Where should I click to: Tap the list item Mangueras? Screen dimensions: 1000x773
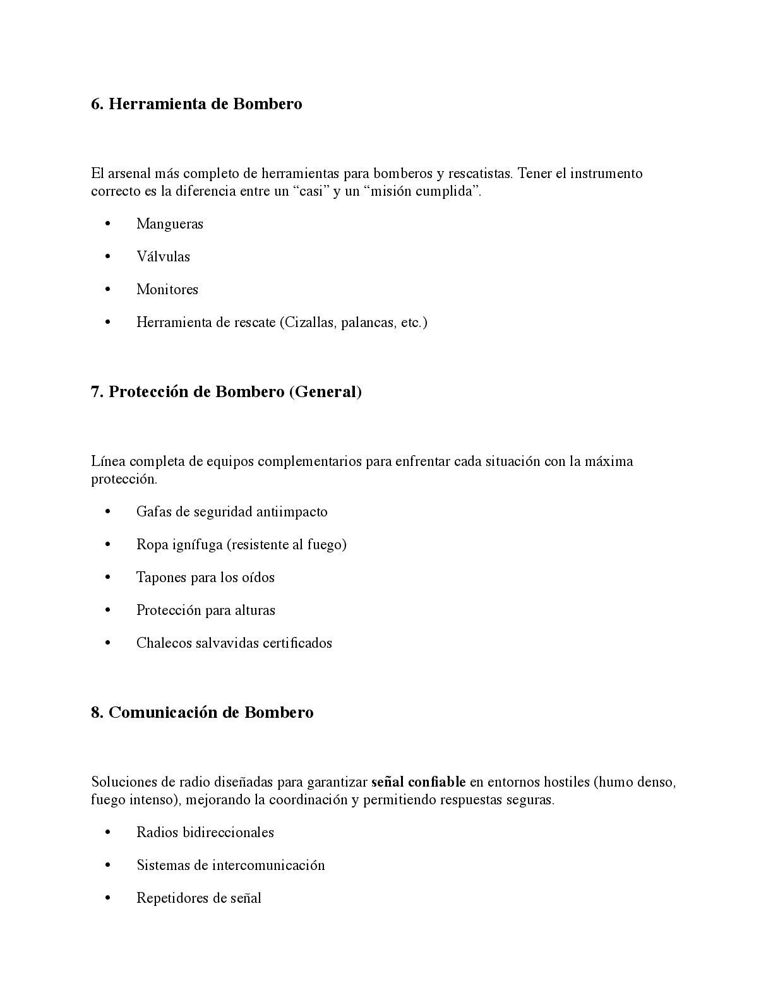tap(170, 224)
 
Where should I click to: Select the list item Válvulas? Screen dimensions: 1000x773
tap(163, 257)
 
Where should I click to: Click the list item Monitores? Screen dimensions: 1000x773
tap(167, 290)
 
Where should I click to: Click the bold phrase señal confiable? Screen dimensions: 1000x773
tap(418, 782)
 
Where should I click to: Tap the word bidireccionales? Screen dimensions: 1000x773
tap(228, 833)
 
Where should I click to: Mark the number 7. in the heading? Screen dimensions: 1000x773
tap(97, 392)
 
